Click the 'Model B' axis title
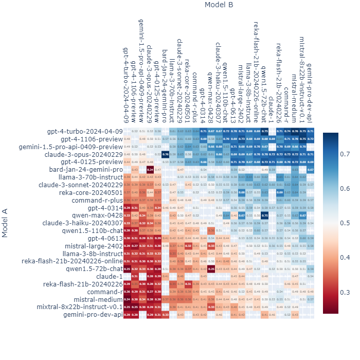pyautogui.click(x=219, y=5)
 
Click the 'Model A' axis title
pyautogui.click(x=5, y=222)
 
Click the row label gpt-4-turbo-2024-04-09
pyautogui.click(x=85, y=132)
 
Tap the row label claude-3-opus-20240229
pyautogui.click(x=84, y=154)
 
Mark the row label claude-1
pyautogui.click(x=110, y=276)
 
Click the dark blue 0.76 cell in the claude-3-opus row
pyautogui.click(x=166, y=154)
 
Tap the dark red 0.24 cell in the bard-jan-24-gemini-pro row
pyautogui.click(x=150, y=169)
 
